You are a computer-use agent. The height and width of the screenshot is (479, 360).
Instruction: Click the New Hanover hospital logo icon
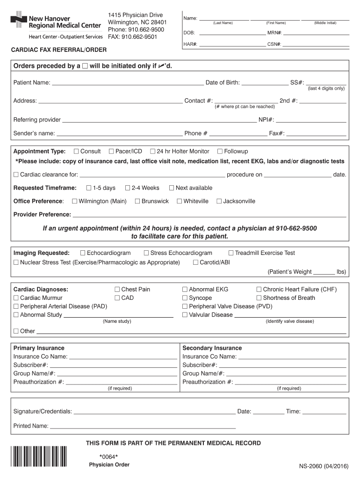click(x=19, y=22)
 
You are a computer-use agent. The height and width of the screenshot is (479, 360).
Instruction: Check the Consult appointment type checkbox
click(x=76, y=152)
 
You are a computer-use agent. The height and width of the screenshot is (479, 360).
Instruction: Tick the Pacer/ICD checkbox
click(x=111, y=152)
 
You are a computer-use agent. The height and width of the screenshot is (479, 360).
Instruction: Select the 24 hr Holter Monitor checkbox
click(x=153, y=152)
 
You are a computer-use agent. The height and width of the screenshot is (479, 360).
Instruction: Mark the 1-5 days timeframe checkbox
click(x=89, y=188)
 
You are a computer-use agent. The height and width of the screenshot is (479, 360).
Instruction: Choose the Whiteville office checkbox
click(x=180, y=201)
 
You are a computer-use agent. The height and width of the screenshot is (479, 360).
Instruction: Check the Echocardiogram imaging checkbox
click(x=83, y=253)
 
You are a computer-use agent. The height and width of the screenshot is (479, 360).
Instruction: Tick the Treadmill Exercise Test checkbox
click(x=231, y=253)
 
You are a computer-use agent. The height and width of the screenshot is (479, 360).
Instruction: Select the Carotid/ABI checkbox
click(x=195, y=262)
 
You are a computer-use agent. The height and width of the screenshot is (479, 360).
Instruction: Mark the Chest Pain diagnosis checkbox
click(x=117, y=290)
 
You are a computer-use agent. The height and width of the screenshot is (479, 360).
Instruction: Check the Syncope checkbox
click(x=185, y=298)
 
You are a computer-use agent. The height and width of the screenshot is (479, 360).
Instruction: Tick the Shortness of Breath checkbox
click(x=259, y=298)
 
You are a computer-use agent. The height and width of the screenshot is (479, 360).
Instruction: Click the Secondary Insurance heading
click(x=212, y=348)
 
